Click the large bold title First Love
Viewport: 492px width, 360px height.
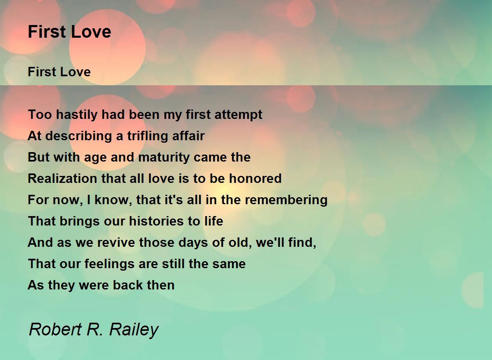(x=69, y=32)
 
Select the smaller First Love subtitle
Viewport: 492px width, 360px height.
(x=59, y=72)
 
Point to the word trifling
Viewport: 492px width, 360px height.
(x=146, y=136)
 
